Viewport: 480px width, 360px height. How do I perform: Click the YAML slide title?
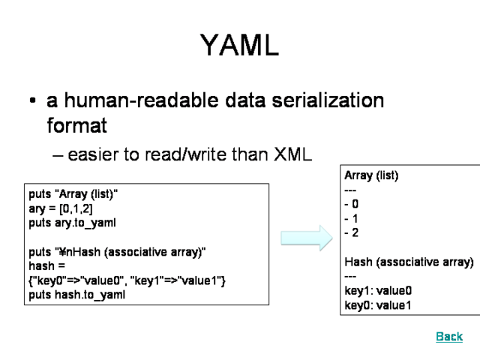[x=239, y=46]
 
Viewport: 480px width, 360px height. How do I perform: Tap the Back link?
[x=449, y=337]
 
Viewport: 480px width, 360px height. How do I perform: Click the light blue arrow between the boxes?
[x=306, y=238]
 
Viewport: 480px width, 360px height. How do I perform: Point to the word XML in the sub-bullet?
[x=293, y=154]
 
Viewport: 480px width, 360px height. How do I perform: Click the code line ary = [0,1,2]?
[x=61, y=209]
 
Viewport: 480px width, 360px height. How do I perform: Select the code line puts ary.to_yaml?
[x=73, y=223]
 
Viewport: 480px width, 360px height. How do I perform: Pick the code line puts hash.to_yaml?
[x=77, y=295]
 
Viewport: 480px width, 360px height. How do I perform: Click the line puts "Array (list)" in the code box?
[x=73, y=195]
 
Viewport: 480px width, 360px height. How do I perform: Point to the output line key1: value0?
[x=378, y=291]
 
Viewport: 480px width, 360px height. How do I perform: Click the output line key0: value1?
[x=378, y=305]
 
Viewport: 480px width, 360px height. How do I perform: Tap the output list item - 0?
[x=351, y=204]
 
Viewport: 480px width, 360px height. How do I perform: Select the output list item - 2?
[x=351, y=232]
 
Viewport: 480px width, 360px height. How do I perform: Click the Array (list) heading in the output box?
[x=371, y=175]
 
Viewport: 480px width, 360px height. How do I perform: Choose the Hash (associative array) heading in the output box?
[x=409, y=262]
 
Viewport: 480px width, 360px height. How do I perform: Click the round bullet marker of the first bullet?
[x=32, y=101]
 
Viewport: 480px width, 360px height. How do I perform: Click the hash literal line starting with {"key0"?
[x=127, y=280]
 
